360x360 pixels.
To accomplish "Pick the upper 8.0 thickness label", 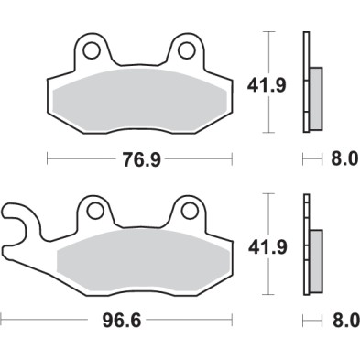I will [x=342, y=159].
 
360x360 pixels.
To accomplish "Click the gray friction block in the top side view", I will [x=316, y=97].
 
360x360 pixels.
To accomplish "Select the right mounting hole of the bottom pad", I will [x=191, y=210].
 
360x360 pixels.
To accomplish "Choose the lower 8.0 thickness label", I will [x=342, y=322].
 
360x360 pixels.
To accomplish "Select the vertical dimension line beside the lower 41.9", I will [x=267, y=245].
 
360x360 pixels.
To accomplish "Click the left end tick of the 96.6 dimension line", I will [x=3, y=322].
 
